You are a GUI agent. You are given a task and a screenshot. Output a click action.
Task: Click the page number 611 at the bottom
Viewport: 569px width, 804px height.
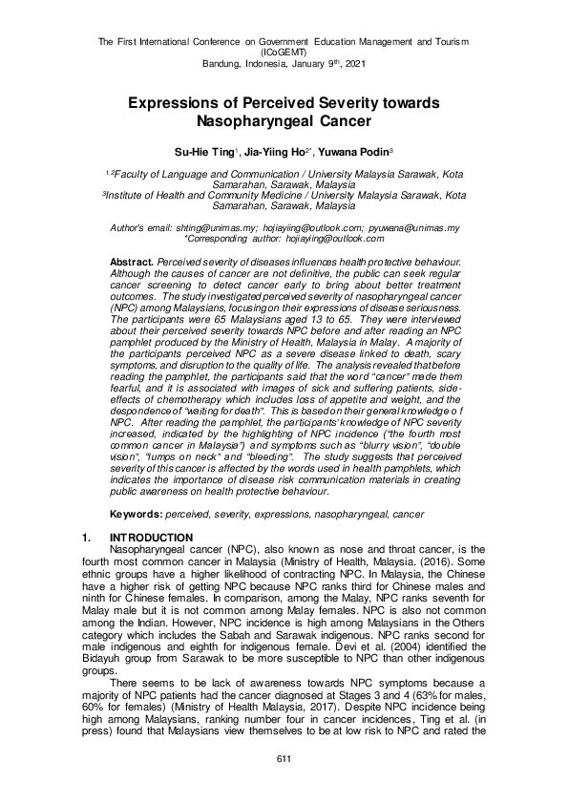click(x=284, y=758)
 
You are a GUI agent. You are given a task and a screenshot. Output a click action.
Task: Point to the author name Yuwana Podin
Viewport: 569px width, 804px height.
click(x=345, y=151)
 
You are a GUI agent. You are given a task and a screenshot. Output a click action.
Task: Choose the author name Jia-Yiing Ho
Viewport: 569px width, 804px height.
click(x=272, y=151)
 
